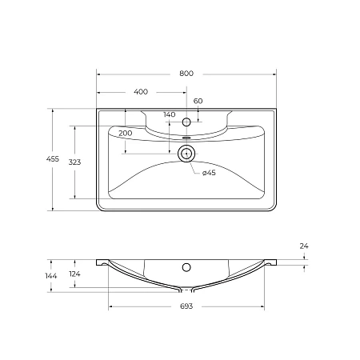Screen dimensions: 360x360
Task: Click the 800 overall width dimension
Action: (x=186, y=73)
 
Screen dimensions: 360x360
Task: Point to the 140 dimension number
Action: (x=169, y=114)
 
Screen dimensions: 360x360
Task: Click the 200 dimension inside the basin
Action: (x=125, y=132)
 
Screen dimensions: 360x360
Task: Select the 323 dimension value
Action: (x=75, y=162)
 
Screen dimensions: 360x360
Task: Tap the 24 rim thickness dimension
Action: (x=303, y=246)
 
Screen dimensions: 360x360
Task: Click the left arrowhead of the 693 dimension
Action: (x=111, y=307)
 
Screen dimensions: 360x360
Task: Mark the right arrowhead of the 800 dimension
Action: (x=274, y=74)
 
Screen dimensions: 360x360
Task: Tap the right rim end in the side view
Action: (x=273, y=261)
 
